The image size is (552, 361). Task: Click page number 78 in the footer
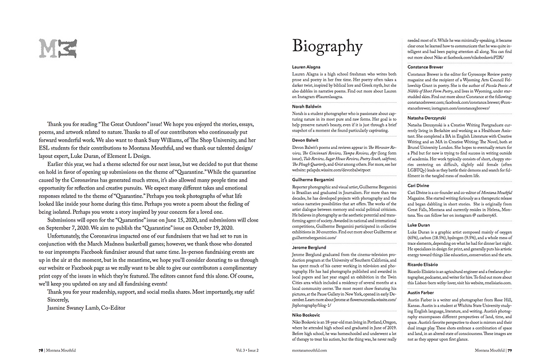(34, 350)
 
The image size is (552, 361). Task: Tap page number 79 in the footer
(509, 350)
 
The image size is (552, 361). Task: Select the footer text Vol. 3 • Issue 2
(248, 350)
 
